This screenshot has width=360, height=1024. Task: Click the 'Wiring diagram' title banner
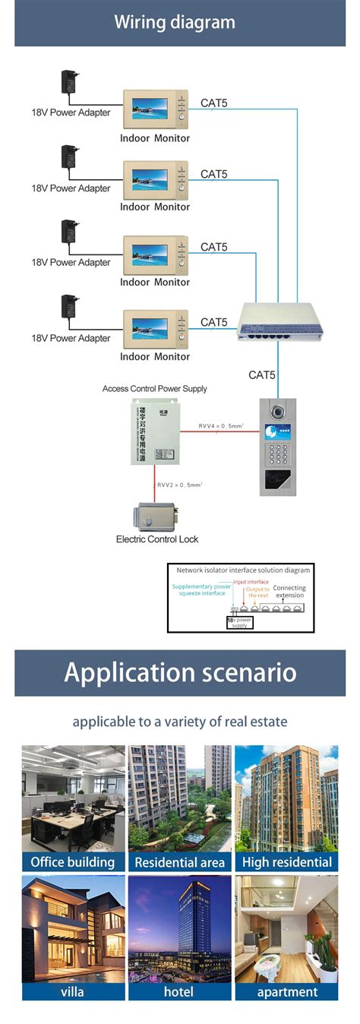pos(180,23)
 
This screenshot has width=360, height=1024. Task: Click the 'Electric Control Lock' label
pos(157,539)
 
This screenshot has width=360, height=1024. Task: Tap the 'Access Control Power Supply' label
pos(155,388)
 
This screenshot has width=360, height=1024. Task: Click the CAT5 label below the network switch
pos(262,375)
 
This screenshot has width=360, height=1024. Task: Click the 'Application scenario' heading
pos(180,673)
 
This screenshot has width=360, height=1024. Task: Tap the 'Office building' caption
pos(73,861)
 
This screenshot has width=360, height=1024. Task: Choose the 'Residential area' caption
pos(180,862)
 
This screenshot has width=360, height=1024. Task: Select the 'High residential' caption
pos(287,861)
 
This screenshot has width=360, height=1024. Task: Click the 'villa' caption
pos(73,991)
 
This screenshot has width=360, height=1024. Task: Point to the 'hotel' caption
pos(180,991)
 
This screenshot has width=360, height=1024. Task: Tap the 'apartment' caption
pos(287,991)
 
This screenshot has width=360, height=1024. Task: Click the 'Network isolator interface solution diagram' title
pos(244,569)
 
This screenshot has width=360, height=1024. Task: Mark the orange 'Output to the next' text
pos(257,593)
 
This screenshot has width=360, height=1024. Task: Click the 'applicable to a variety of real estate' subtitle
pos(180,722)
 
